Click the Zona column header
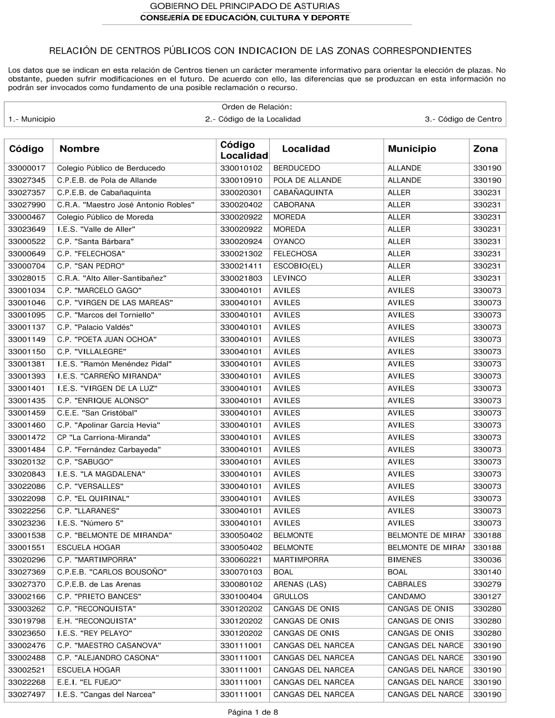485,149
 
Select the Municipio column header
412,149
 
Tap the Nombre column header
79,149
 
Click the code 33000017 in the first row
27,168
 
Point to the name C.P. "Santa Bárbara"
95,241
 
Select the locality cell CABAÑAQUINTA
303,193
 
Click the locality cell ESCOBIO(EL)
297,266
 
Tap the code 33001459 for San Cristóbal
27,413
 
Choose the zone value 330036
487,560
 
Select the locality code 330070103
241,572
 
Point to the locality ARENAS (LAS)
300,584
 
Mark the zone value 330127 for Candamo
487,596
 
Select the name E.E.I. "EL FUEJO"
89,682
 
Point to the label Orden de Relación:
257,107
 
